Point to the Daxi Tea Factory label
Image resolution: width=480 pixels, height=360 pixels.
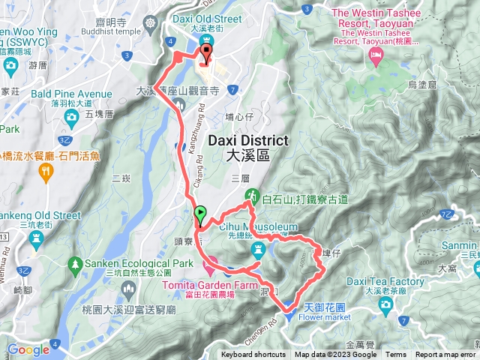386,281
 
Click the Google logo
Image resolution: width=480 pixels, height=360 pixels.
28,349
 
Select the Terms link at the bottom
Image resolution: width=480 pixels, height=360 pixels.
396,355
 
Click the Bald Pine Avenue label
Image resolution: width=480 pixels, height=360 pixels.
73,94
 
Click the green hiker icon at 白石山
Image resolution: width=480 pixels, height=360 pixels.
253,196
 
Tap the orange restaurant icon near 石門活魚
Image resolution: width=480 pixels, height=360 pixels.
46,171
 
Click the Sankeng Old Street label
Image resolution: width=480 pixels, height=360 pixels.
40,215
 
